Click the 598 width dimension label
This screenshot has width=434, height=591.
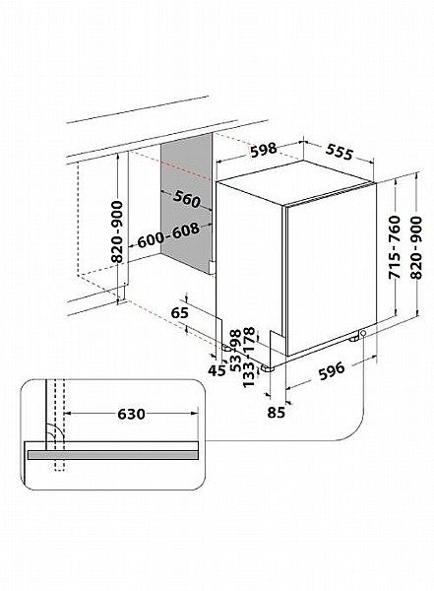[x=264, y=150]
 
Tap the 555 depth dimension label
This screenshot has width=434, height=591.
[x=340, y=152]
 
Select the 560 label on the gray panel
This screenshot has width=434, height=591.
[x=186, y=199]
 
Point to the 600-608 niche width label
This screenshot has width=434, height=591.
[x=168, y=235]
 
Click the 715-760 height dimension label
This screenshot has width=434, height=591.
[x=395, y=247]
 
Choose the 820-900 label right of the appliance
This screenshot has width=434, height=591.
[x=416, y=247]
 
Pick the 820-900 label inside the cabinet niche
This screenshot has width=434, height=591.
[x=117, y=231]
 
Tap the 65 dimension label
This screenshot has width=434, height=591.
[x=179, y=313]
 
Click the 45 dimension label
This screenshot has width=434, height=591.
[x=217, y=370]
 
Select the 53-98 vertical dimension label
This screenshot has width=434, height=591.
[x=235, y=351]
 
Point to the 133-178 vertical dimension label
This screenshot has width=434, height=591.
[x=249, y=358]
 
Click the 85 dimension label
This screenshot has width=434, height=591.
[x=277, y=413]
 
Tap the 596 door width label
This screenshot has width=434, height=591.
[x=332, y=371]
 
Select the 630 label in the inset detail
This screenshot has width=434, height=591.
[x=131, y=414]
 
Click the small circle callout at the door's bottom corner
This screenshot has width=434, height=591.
[x=363, y=333]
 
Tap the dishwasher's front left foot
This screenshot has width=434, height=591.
[x=268, y=368]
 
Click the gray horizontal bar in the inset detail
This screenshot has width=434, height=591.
[x=113, y=455]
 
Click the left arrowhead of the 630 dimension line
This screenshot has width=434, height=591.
[x=68, y=414]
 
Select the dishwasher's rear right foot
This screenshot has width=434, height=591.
[x=354, y=339]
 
